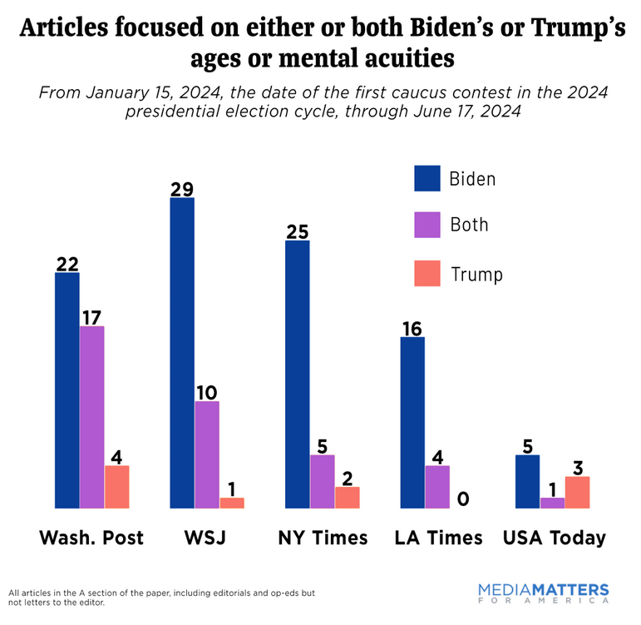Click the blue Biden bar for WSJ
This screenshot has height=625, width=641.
pos(182,353)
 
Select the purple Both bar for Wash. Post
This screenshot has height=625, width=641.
pos(92,417)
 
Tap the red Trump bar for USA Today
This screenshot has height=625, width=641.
pos(577,492)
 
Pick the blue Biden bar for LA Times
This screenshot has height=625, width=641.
pos(412,422)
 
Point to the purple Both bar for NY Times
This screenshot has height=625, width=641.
pos(323,481)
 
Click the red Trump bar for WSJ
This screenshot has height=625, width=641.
pos(232,503)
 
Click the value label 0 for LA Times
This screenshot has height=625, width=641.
pos(463,499)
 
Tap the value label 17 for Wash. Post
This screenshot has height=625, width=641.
pos(92,316)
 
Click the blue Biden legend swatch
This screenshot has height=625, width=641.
pos(427,178)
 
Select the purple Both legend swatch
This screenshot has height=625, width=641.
pos(427,225)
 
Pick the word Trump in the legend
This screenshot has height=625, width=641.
pos(476,273)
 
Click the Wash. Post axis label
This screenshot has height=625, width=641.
pos(91,538)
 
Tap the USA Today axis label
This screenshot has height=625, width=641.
pos(554,538)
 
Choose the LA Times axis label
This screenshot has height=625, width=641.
pos(438,538)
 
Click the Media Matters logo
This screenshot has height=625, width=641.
pos(543,593)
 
